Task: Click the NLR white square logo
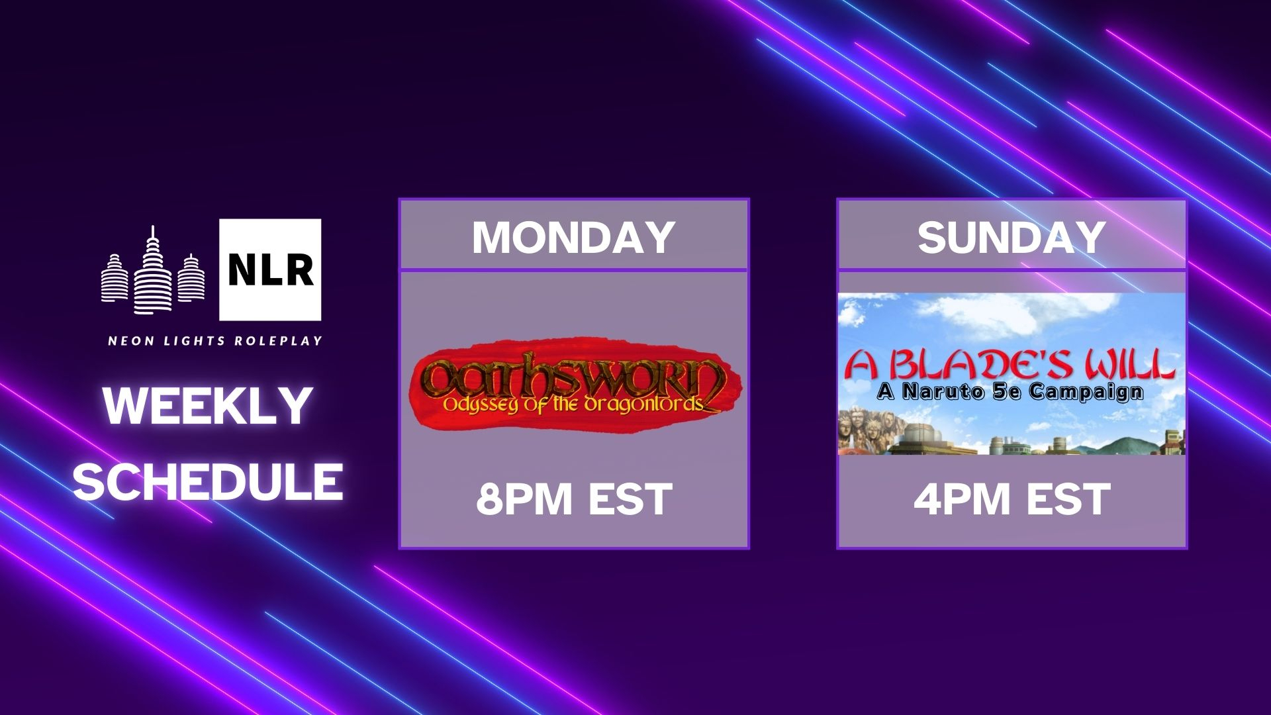270,269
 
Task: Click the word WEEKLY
208,406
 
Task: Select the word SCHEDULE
208,481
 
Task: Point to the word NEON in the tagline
131,341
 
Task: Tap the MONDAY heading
573,237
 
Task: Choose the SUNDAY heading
1012,237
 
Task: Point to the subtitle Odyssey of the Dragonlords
573,404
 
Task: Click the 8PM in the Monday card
524,499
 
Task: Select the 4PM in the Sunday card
962,499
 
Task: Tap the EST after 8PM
630,499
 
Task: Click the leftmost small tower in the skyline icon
113,278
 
